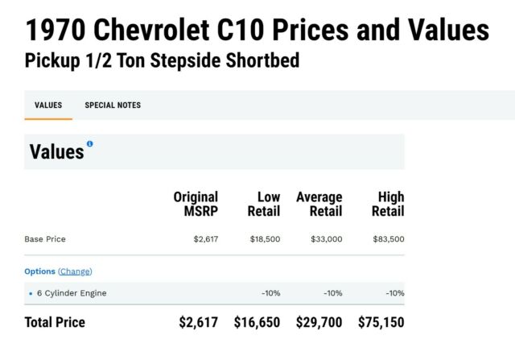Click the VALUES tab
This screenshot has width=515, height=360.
point(48,106)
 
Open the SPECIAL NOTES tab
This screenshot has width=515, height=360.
point(113,106)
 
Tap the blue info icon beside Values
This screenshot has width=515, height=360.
point(90,144)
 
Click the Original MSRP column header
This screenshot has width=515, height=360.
point(196,204)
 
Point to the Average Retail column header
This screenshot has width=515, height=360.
point(319,204)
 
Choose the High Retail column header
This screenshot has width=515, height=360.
point(388,204)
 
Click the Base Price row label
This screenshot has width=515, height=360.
point(45,239)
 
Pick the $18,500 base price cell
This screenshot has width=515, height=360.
point(265,239)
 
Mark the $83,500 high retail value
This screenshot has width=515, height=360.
point(389,239)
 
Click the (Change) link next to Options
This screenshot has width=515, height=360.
point(75,271)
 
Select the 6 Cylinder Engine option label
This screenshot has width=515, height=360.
point(72,293)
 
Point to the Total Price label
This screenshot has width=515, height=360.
point(55,323)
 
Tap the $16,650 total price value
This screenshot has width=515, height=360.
point(257,323)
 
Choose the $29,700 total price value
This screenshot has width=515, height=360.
point(319,323)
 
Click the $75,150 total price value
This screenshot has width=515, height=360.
point(381,323)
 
